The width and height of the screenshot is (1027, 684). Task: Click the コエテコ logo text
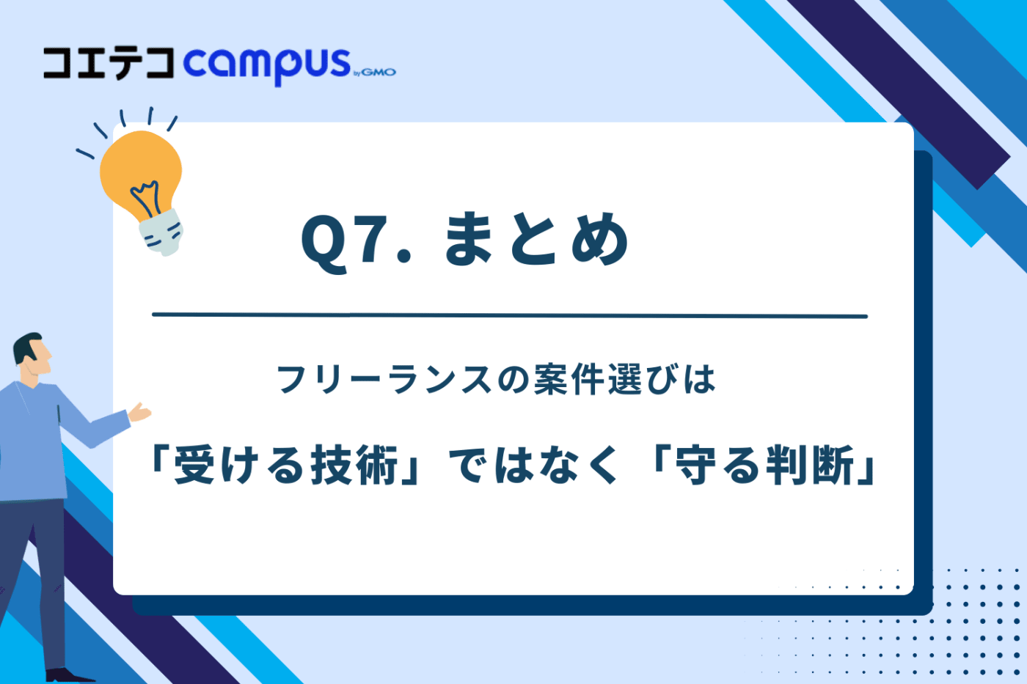[109, 64]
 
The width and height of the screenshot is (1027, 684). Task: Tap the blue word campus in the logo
[267, 65]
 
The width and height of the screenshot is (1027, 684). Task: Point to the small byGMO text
[375, 72]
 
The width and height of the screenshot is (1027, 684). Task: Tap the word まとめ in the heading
[536, 240]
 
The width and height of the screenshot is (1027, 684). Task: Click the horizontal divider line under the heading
[509, 316]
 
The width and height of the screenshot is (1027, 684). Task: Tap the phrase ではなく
[534, 466]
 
